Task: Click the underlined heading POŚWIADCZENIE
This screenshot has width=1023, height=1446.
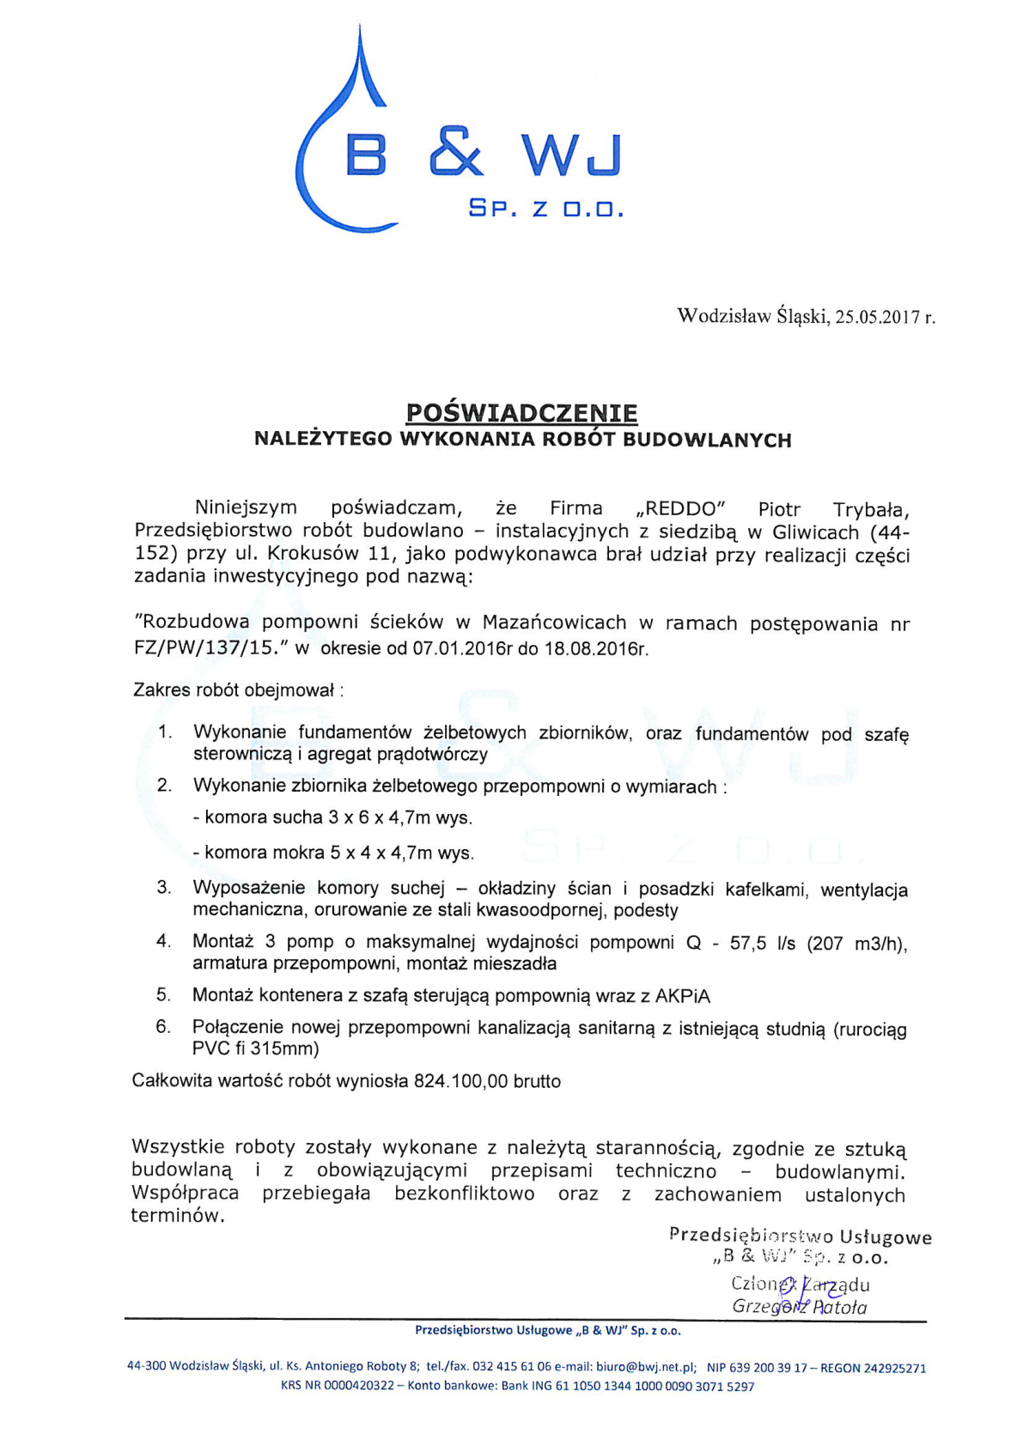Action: [x=521, y=413]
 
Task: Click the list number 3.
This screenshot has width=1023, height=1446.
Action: [x=164, y=888]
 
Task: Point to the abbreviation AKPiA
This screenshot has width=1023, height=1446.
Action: [x=683, y=996]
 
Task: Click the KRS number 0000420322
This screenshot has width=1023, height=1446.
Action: [x=359, y=1385]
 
